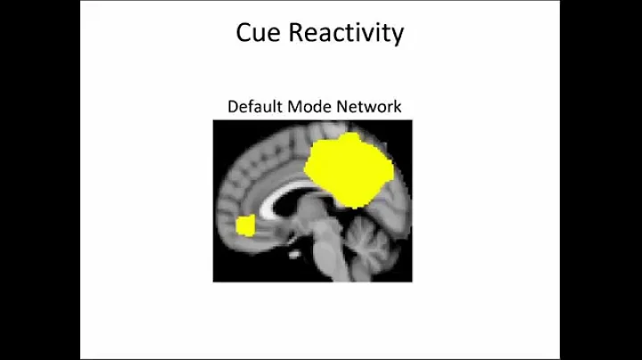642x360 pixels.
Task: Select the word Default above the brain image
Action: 252,107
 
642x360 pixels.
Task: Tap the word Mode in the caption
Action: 309,107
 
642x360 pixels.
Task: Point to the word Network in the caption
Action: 369,107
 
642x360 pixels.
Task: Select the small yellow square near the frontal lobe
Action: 245,225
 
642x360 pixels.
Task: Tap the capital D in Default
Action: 234,107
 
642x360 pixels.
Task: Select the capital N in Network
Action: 343,107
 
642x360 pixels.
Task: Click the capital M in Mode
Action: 296,107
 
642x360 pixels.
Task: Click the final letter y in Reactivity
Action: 398,37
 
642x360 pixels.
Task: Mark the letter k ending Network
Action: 398,107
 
